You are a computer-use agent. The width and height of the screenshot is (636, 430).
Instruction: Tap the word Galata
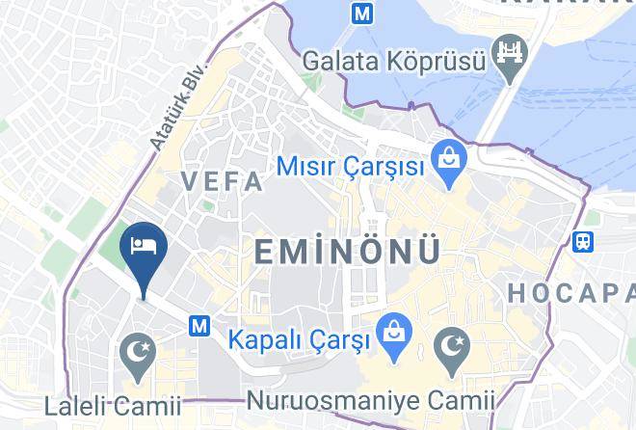335,60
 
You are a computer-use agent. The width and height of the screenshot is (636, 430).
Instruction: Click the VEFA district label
222,181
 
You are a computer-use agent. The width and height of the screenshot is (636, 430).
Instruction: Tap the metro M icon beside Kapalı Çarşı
200,327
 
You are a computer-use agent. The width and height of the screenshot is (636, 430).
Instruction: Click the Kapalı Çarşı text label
299,341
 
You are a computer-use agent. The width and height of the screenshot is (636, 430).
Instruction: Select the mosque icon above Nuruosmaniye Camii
451,346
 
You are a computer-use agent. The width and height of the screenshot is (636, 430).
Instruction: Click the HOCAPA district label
570,292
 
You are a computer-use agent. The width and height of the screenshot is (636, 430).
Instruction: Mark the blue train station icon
582,241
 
